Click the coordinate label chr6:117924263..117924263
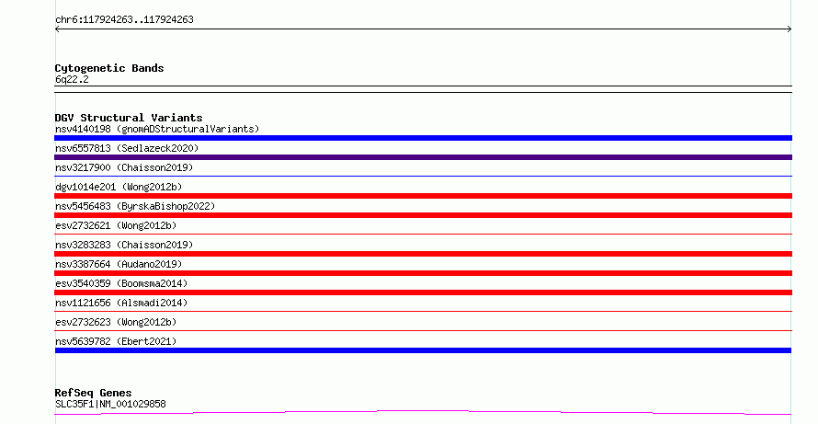(x=124, y=20)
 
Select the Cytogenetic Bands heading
(x=109, y=68)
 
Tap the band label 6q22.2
(x=72, y=79)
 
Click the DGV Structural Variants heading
(x=129, y=118)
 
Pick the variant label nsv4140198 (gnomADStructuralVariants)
(x=157, y=129)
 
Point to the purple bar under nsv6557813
(x=423, y=157)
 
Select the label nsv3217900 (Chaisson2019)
(x=124, y=167)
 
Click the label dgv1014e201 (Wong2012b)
(x=119, y=187)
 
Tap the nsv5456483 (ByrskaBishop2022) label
(x=135, y=206)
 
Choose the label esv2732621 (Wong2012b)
(x=116, y=225)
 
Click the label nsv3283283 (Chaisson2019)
(x=124, y=245)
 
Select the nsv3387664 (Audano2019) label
(x=119, y=264)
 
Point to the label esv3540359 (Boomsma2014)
(x=121, y=283)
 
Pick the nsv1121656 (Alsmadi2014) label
(x=121, y=303)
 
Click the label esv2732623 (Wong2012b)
(x=116, y=322)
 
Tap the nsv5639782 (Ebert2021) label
(x=116, y=341)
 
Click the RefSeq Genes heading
(x=93, y=393)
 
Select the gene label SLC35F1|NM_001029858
(x=110, y=404)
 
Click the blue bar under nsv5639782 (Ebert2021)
(x=423, y=350)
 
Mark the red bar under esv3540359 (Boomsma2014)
(x=423, y=292)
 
